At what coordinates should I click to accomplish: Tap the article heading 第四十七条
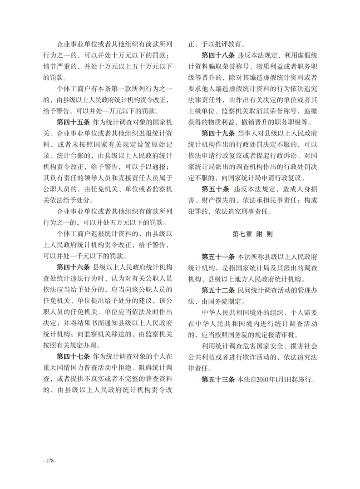point(73,354)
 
